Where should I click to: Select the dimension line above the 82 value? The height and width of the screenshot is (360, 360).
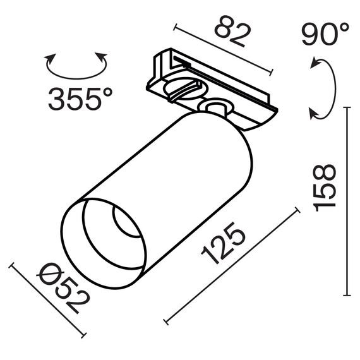(222, 50)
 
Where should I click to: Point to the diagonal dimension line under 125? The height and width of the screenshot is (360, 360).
(231, 265)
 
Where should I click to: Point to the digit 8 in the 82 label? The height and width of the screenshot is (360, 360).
(222, 28)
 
